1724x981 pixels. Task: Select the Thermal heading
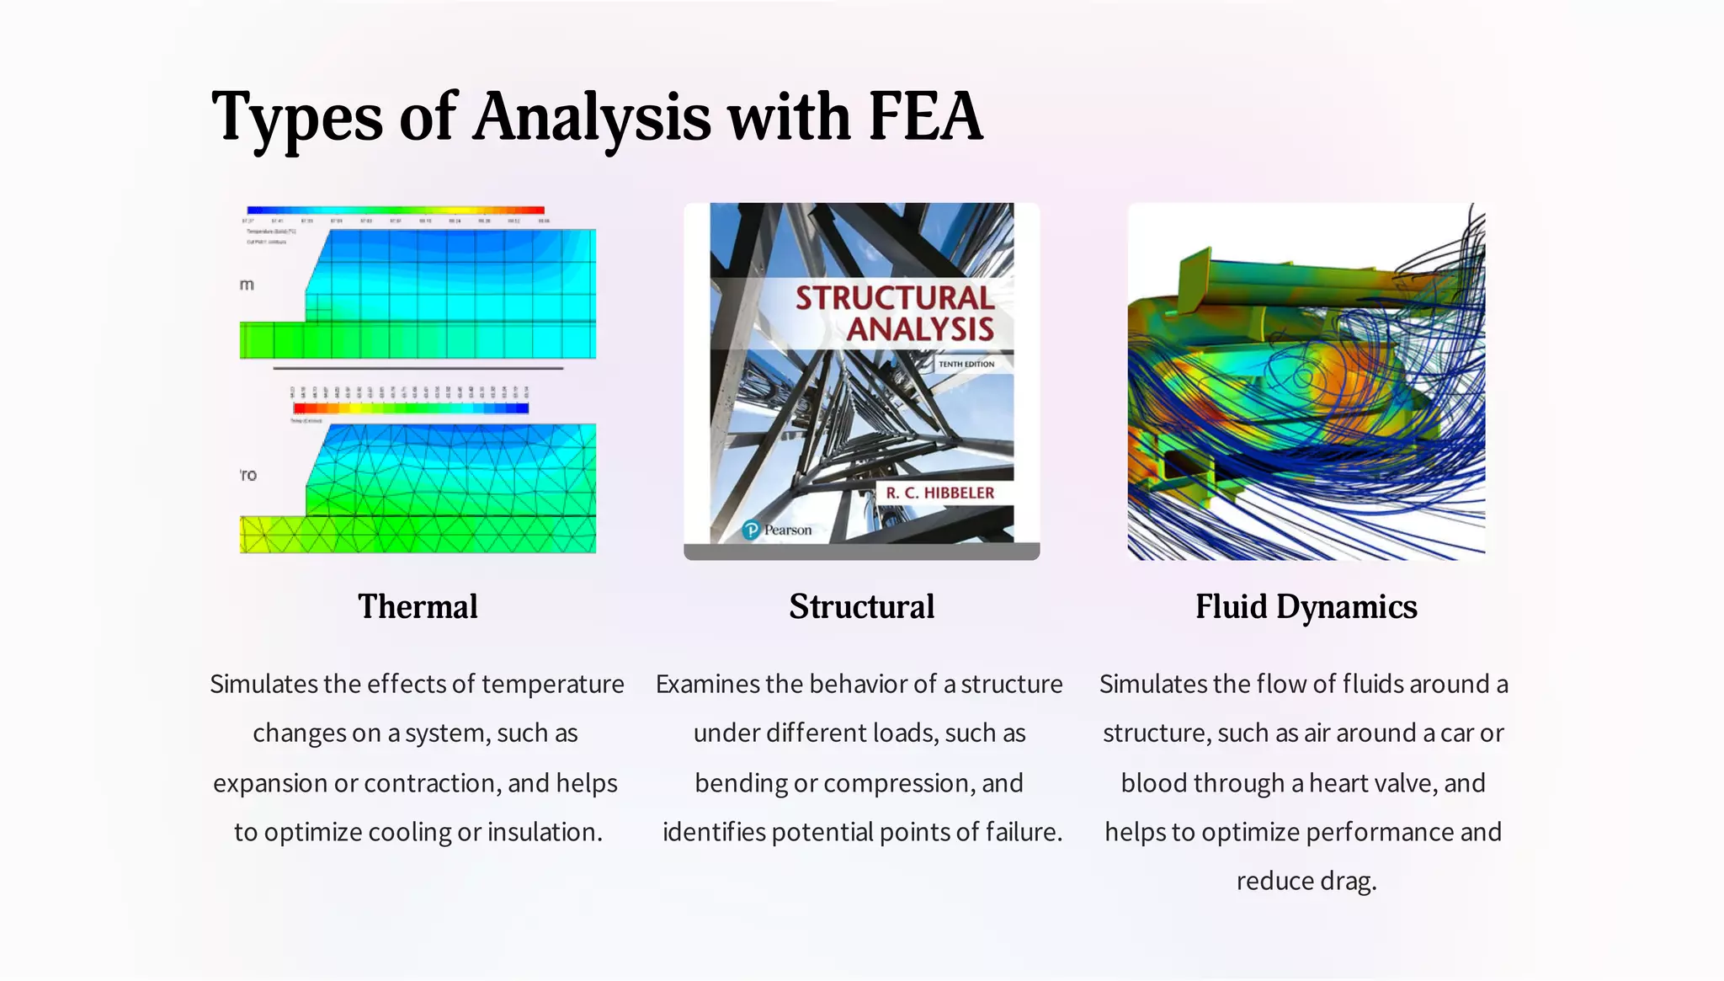pyautogui.click(x=418, y=606)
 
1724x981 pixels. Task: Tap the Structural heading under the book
pyautogui.click(x=861, y=606)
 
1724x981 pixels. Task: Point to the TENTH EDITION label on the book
pyautogui.click(x=966, y=365)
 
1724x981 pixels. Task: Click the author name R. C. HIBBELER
pyautogui.click(x=939, y=493)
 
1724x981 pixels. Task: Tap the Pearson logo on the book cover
pyautogui.click(x=777, y=530)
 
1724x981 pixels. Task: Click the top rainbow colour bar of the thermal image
pyautogui.click(x=396, y=211)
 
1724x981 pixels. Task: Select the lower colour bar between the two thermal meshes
pyautogui.click(x=411, y=408)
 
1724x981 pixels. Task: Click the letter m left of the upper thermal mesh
pyautogui.click(x=247, y=285)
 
